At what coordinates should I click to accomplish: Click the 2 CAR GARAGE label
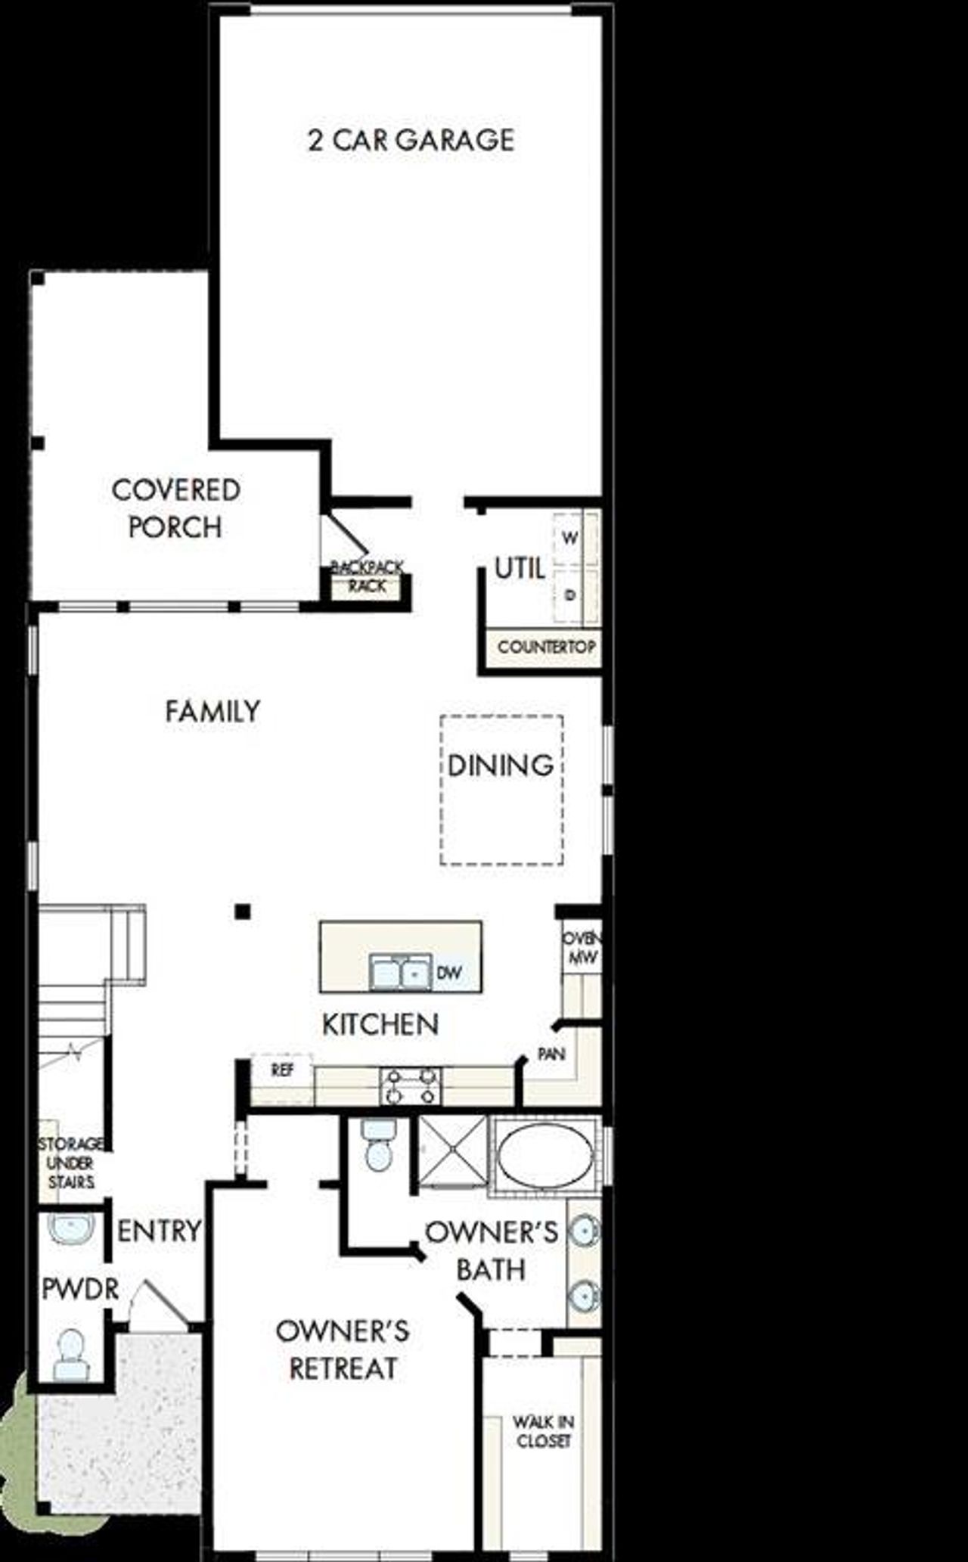[411, 140]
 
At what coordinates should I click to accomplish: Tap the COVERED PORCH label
[175, 508]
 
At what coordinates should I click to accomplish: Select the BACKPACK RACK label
[368, 576]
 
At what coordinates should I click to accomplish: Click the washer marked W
[571, 539]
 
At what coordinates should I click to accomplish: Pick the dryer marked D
[571, 595]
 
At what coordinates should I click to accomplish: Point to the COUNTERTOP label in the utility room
[546, 647]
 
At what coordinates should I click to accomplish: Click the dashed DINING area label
[501, 765]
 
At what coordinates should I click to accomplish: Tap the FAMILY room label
[213, 711]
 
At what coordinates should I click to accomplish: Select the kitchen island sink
[400, 972]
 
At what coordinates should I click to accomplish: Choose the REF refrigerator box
[281, 1070]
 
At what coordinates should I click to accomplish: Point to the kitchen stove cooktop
[410, 1085]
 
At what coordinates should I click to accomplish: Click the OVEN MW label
[581, 948]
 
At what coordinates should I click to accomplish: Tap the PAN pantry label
[551, 1054]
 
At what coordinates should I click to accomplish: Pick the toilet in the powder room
[72, 1354]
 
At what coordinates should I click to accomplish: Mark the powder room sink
[71, 1229]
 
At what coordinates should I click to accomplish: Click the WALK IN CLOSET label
[543, 1432]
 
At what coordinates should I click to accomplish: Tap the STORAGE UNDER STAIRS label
[71, 1163]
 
